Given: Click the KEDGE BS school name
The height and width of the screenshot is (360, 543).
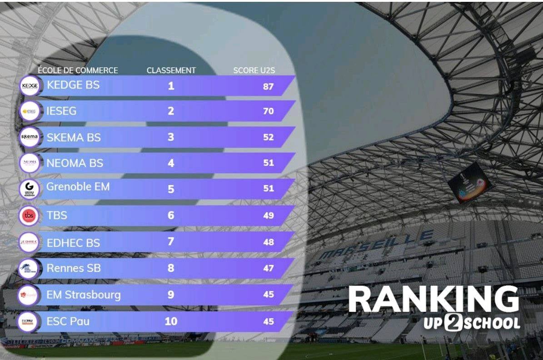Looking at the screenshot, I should click(x=73, y=85).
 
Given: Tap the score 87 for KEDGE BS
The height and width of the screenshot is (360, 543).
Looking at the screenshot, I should click(x=268, y=86).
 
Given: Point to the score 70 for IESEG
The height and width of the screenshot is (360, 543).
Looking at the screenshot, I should click(x=268, y=111).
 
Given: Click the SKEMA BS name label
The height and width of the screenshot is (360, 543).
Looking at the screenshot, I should click(x=74, y=137).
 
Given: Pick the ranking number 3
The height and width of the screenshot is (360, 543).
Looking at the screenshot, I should click(x=171, y=137).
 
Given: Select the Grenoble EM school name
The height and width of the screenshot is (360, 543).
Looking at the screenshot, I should click(x=78, y=187).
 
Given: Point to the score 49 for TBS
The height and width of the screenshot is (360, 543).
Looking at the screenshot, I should click(x=268, y=215).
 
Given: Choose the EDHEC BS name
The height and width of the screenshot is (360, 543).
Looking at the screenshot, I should click(x=73, y=243).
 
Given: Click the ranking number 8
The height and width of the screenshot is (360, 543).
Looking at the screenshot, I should click(x=171, y=268).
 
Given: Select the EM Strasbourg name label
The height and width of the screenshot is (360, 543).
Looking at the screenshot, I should click(x=84, y=295).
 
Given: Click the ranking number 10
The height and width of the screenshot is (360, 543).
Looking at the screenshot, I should click(x=171, y=321).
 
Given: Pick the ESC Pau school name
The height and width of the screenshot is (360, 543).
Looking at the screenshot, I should click(x=68, y=321).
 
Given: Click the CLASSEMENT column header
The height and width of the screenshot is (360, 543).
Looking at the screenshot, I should click(x=171, y=70).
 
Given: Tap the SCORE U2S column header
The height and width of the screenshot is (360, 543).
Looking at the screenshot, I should click(x=254, y=70).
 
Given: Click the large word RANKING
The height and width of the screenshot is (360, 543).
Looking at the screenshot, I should click(x=433, y=300).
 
